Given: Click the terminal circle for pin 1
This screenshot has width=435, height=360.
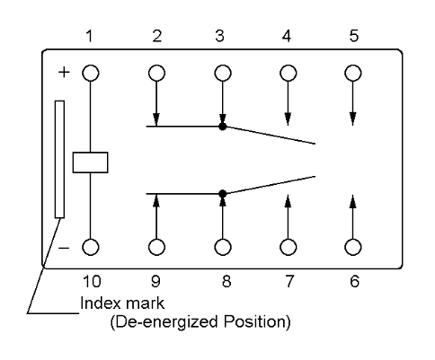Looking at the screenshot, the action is tap(91, 73).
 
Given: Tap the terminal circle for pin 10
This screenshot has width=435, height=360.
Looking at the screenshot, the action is tap(91, 247).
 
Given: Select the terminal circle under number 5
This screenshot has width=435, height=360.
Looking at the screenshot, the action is tap(353, 73).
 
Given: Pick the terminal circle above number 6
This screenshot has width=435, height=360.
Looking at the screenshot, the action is tap(353, 247).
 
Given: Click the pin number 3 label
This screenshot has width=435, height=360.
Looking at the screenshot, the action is tap(219, 36).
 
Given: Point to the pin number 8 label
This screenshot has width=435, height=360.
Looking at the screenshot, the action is tap(226, 281).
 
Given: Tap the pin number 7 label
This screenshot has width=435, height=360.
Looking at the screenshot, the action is tap(289, 281).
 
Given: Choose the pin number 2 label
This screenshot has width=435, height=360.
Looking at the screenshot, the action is tap(157, 36).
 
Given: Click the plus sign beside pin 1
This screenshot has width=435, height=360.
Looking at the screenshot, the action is tap(64, 73).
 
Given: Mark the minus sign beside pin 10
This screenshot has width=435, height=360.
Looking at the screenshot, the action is tap(64, 248).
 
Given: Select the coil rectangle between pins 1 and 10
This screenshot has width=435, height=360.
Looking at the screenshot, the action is tap(91, 162).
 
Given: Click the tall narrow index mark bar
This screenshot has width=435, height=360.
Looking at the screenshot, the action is tap(59, 159).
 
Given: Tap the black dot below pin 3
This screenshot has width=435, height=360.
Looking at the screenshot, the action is tap(222, 127).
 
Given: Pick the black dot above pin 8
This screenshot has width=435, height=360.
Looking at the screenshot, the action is tap(222, 194).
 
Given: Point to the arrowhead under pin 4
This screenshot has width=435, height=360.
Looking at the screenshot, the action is tap(288, 119).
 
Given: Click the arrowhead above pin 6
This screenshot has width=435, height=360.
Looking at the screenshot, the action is tap(353, 201).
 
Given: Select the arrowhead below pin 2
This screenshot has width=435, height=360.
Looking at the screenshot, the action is tap(156, 119).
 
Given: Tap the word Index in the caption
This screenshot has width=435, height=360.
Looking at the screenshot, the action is tap(100, 303).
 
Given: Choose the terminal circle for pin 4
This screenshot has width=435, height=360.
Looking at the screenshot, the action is tap(289, 73).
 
